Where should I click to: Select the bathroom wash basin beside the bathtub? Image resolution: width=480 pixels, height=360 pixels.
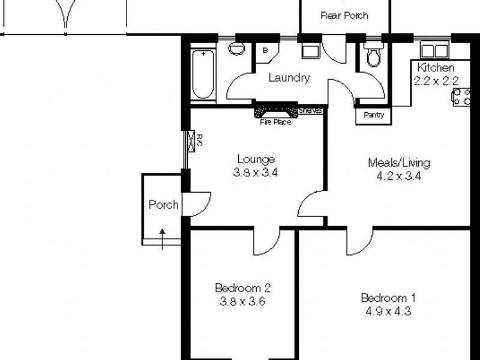[x=237, y=49]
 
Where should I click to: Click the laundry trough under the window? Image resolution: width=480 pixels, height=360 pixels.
[x=310, y=51]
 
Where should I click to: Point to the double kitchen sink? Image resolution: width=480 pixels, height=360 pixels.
[x=435, y=50]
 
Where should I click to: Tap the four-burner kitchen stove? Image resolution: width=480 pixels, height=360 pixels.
[x=462, y=97]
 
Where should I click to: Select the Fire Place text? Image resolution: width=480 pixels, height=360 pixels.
[x=275, y=122]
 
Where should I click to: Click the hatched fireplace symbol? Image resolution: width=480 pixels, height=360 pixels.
[x=276, y=112]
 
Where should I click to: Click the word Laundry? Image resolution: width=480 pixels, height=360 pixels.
[x=289, y=77]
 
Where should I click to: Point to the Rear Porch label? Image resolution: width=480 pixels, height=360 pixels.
[x=344, y=16]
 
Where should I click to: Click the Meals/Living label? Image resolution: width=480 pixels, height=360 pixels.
[x=398, y=163]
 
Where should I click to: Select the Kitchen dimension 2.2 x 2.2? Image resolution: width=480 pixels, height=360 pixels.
[x=436, y=80]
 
